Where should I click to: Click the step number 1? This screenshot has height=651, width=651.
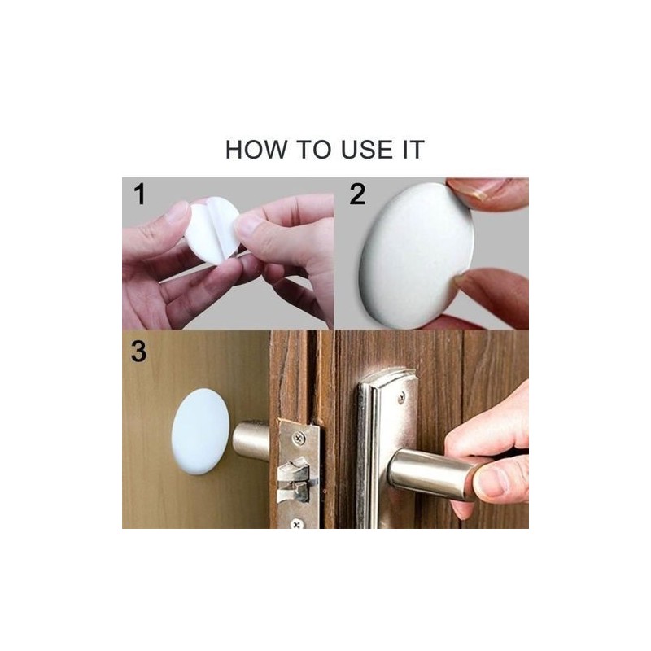click(140, 194)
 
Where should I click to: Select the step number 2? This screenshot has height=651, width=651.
click(357, 194)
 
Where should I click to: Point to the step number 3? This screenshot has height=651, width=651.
click(138, 352)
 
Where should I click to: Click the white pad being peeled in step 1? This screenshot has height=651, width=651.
click(212, 229)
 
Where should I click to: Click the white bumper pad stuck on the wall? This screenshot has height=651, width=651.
click(200, 431)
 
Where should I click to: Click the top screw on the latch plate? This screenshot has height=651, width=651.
click(298, 437)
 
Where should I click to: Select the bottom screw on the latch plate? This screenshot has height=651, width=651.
click(296, 524)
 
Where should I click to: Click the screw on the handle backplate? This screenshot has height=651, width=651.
click(401, 398)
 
